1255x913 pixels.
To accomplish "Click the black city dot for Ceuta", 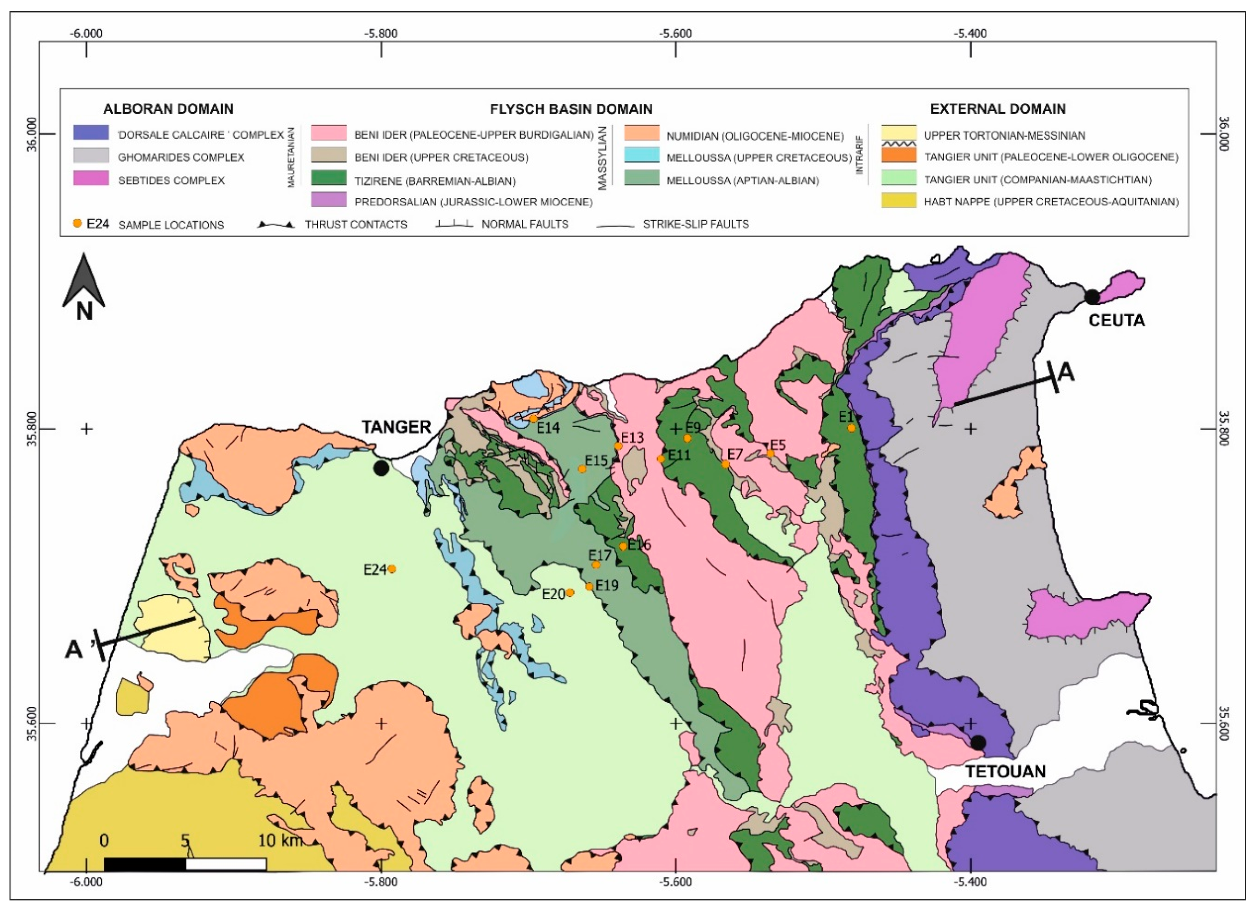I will tap(1092, 297).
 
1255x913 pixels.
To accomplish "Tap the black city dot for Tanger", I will tap(381, 468).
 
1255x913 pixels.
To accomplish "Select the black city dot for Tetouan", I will tap(978, 743).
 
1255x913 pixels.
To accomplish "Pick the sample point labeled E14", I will tap(534, 419).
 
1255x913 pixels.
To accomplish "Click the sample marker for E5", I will tap(770, 453).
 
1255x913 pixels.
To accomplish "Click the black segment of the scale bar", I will tap(144, 864).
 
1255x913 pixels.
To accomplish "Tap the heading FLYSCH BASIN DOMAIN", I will tap(571, 109).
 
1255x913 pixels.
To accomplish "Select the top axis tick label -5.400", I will tap(970, 33).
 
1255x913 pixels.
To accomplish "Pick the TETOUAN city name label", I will tap(1005, 771).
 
